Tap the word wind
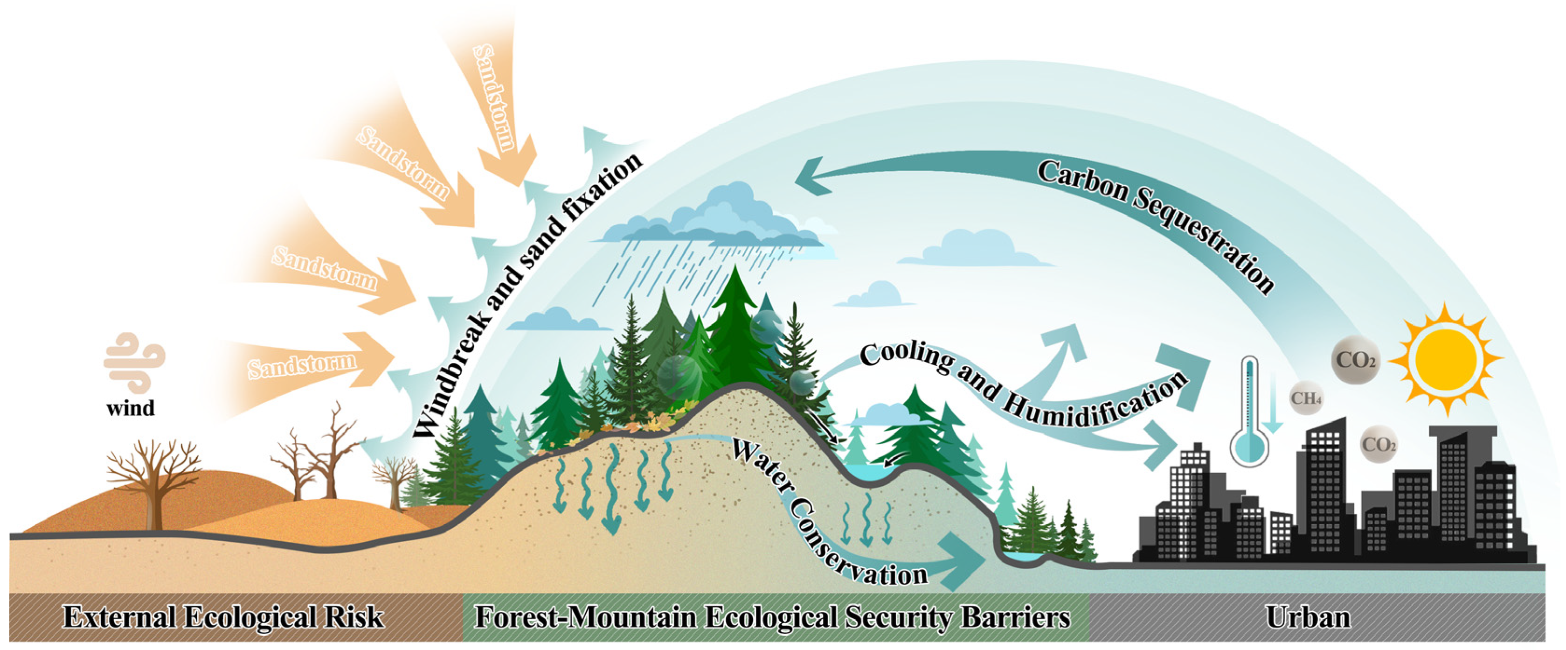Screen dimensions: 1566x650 [x=130, y=408]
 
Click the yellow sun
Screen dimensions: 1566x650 [x=1446, y=359]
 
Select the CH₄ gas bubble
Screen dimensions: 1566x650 [x=1305, y=398]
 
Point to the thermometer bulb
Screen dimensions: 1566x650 [x=1249, y=447]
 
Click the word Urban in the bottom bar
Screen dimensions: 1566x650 [x=1308, y=617]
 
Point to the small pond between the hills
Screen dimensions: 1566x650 [x=866, y=471]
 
